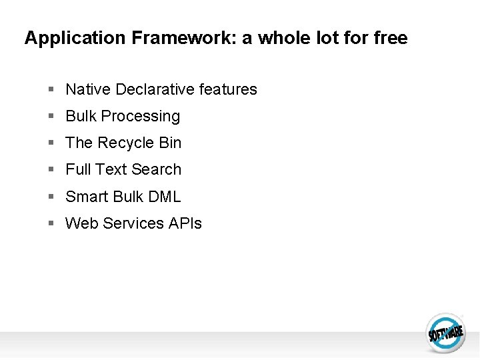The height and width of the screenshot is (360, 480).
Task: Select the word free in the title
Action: [390, 38]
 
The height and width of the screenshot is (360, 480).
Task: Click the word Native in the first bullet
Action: [88, 89]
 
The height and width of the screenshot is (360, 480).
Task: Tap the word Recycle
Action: [126, 143]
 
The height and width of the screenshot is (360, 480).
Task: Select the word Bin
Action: [170, 143]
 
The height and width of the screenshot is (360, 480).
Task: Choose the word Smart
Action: [86, 197]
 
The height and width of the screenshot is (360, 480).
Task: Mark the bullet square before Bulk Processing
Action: [51, 116]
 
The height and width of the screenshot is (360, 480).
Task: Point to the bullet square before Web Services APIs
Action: [51, 223]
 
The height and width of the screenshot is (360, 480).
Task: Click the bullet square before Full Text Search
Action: [51, 169]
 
